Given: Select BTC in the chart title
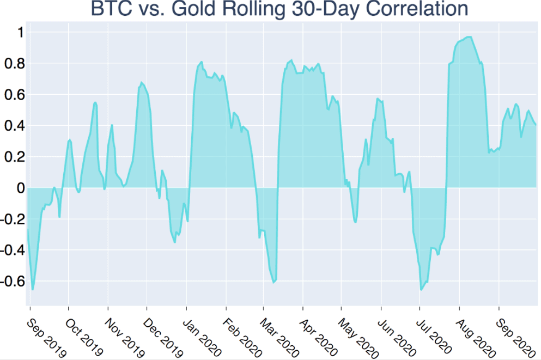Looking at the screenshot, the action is [x=112, y=8].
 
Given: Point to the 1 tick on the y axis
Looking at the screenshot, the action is [x=21, y=33].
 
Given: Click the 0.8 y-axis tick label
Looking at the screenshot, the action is [x=15, y=64].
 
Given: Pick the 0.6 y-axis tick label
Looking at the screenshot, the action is [x=15, y=95].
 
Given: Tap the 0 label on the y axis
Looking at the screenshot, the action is [x=21, y=188].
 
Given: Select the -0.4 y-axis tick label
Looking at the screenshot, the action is [x=13, y=251].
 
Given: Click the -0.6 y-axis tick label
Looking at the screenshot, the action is [x=13, y=282].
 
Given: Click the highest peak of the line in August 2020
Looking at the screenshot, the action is [x=469, y=37].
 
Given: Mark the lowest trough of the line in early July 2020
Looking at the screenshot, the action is [x=421, y=290].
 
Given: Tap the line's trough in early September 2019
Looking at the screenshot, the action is [x=33, y=290].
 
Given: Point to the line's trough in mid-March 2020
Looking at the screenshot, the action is [x=273, y=283].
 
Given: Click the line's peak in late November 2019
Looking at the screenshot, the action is [x=141, y=82].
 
